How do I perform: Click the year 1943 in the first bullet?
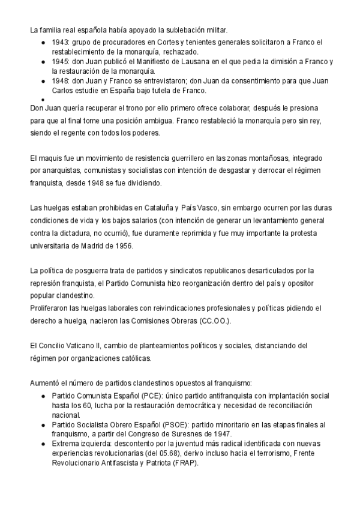(x=61, y=42)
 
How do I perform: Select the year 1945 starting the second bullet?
(x=61, y=62)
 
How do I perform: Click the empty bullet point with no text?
(x=44, y=100)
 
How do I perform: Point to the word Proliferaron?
(x=50, y=308)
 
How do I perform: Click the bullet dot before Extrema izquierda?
(x=44, y=444)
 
